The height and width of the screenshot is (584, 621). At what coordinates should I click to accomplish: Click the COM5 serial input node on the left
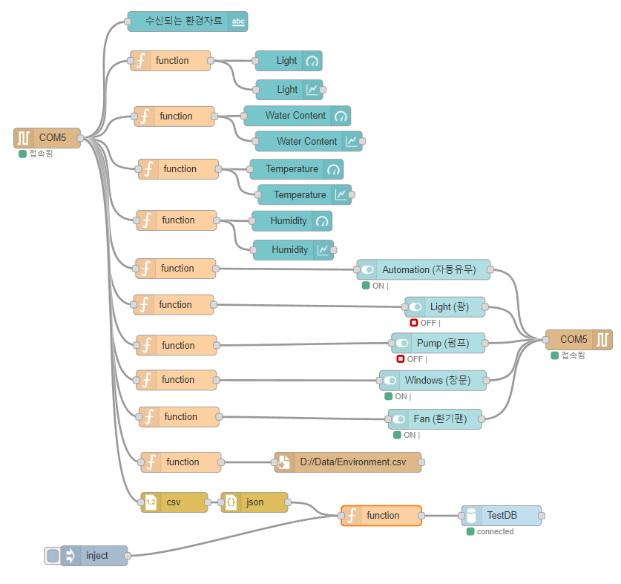47,138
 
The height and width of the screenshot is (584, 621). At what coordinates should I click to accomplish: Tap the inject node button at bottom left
53,556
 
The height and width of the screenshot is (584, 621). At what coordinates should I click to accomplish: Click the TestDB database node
501,516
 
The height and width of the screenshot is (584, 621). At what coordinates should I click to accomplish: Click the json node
254,502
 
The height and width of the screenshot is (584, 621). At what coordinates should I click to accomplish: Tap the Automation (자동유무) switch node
423,270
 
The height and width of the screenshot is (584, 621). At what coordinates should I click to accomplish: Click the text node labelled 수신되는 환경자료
187,22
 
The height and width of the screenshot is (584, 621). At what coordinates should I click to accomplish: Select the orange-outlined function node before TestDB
381,516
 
